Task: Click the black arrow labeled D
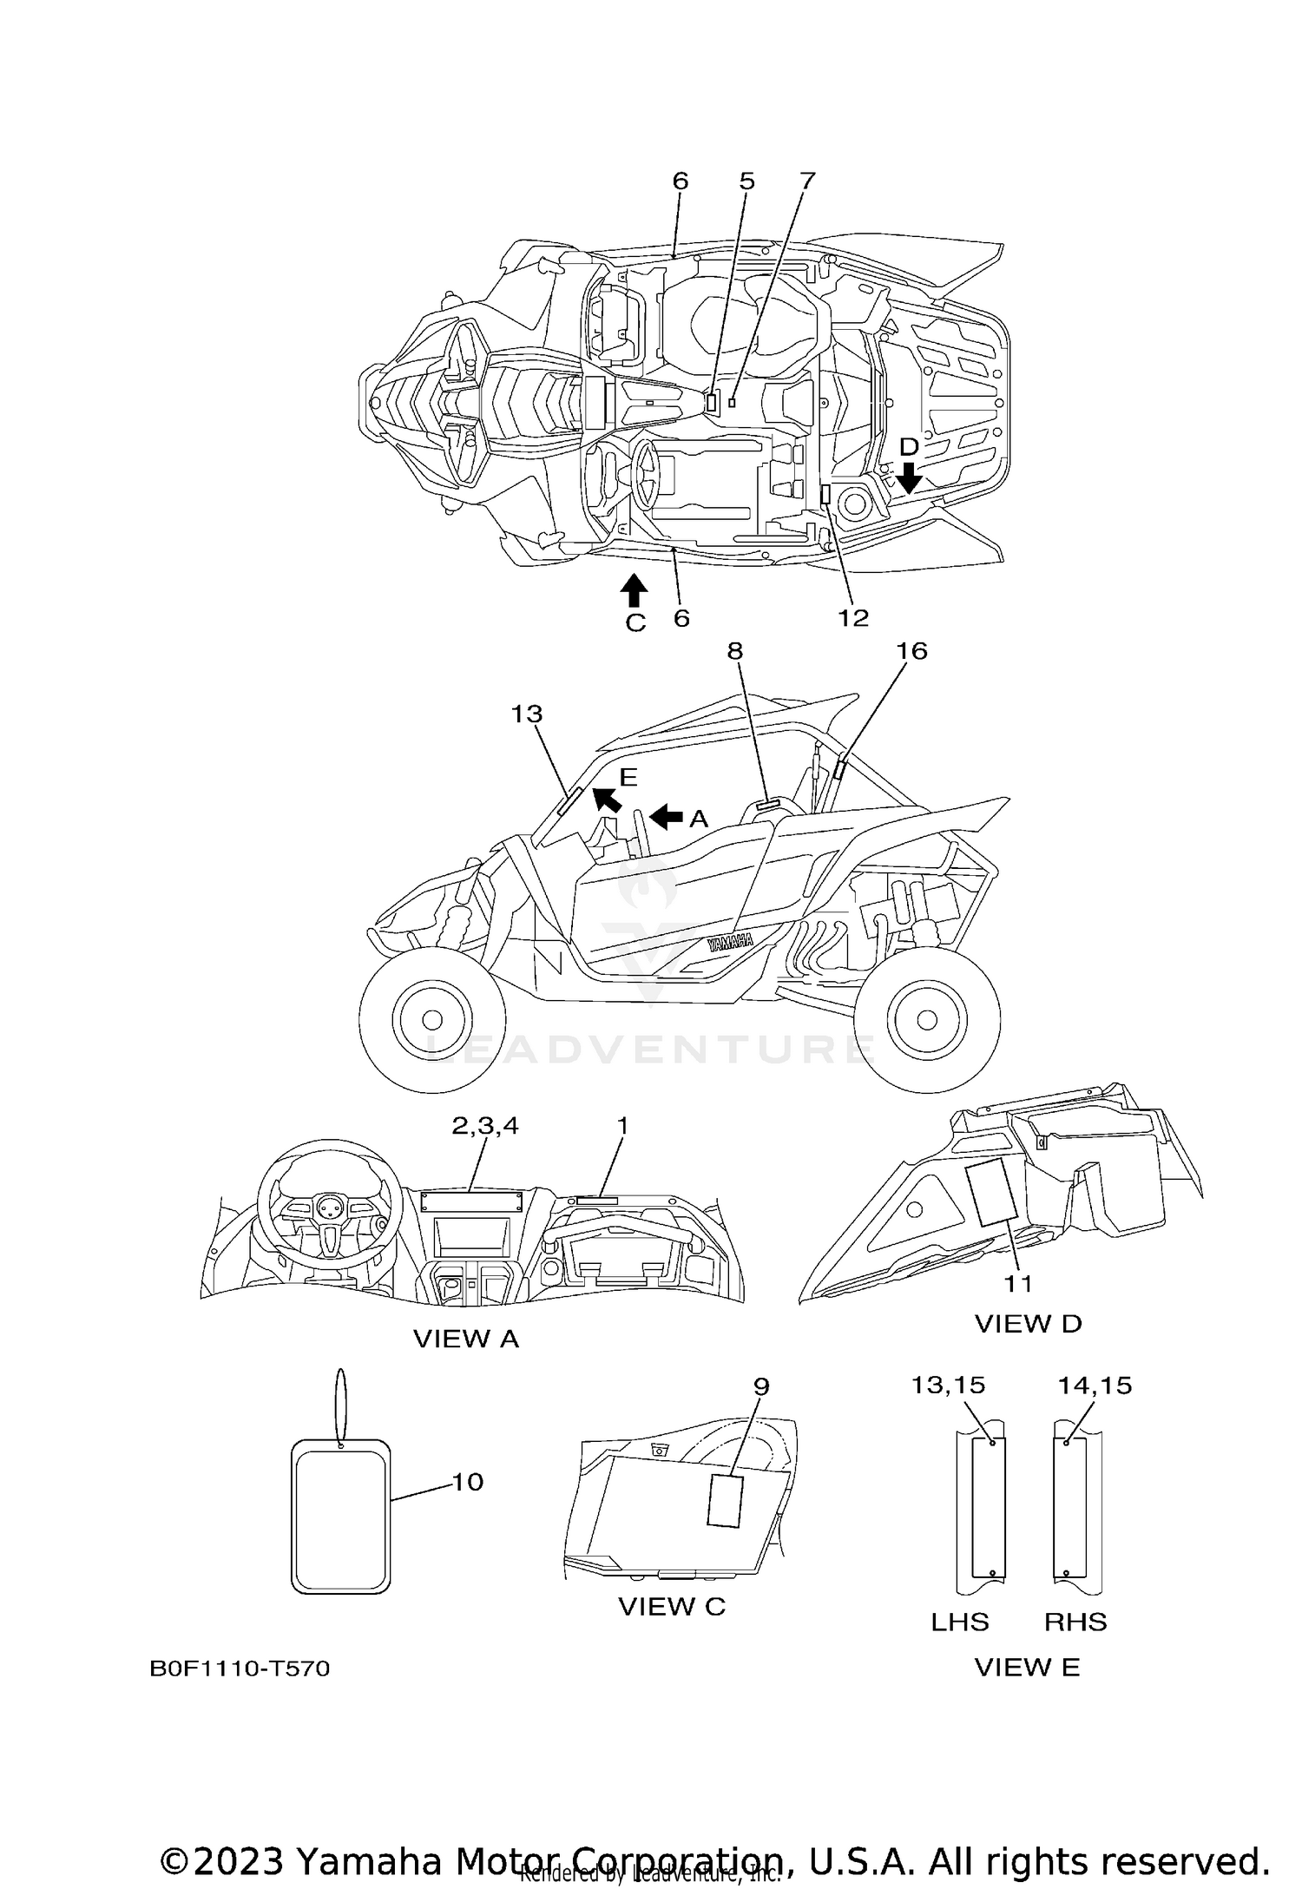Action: coord(909,477)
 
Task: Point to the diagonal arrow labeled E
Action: coord(607,799)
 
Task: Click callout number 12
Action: coord(853,617)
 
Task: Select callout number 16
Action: coord(911,650)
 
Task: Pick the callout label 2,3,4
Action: coord(485,1125)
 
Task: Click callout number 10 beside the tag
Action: coord(468,1482)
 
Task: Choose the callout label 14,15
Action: coord(1095,1385)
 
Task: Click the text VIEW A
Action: coord(466,1339)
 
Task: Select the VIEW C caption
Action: coord(672,1607)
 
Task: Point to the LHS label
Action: coord(960,1622)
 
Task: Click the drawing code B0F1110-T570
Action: coord(240,1669)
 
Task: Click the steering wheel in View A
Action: coord(329,1195)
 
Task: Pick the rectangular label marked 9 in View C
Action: coord(726,1499)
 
